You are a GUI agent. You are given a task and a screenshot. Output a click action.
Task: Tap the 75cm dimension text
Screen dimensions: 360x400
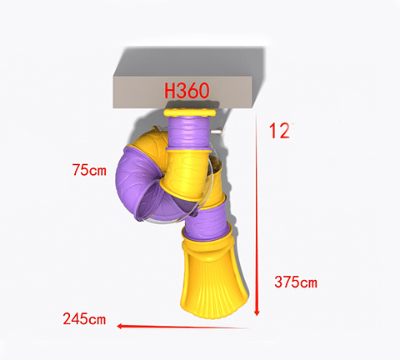[89, 171]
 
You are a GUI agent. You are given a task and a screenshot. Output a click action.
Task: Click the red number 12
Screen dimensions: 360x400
[279, 131]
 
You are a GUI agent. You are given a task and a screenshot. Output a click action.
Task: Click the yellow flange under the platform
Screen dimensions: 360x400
[192, 112]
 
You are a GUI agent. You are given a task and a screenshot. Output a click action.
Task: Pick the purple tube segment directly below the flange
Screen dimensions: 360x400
[192, 132]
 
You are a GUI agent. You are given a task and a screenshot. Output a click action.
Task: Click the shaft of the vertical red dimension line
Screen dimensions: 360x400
[257, 217]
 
